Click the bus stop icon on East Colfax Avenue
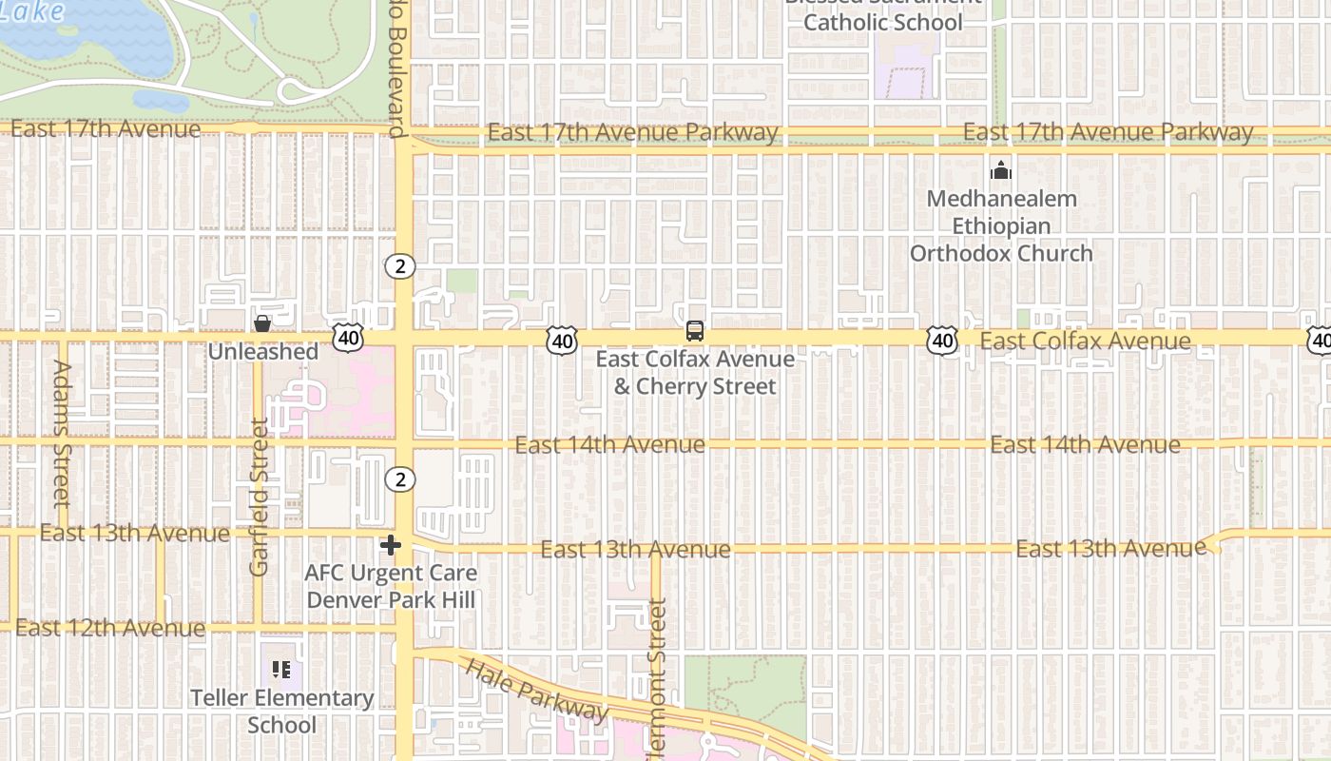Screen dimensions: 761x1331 (695, 331)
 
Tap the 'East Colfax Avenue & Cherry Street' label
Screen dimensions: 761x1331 (695, 373)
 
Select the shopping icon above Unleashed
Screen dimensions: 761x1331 (262, 323)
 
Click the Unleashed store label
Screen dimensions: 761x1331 (263, 352)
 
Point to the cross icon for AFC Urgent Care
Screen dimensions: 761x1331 (390, 545)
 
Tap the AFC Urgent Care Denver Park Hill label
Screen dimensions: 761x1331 (391, 587)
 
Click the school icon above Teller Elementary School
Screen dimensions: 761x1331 (281, 670)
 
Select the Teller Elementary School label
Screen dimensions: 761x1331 (282, 712)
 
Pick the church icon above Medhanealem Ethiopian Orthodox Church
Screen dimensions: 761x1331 (1000, 171)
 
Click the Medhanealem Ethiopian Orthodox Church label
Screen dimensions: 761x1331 (1001, 226)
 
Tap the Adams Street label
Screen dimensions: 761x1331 (62, 433)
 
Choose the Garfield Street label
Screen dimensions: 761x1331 (260, 497)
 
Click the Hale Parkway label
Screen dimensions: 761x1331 (536, 690)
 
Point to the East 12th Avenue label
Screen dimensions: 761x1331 (110, 628)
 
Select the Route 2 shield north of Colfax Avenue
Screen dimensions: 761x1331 (400, 266)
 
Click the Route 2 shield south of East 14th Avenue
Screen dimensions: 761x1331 (400, 479)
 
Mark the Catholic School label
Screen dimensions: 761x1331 (883, 21)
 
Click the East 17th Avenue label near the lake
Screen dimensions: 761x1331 (106, 128)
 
